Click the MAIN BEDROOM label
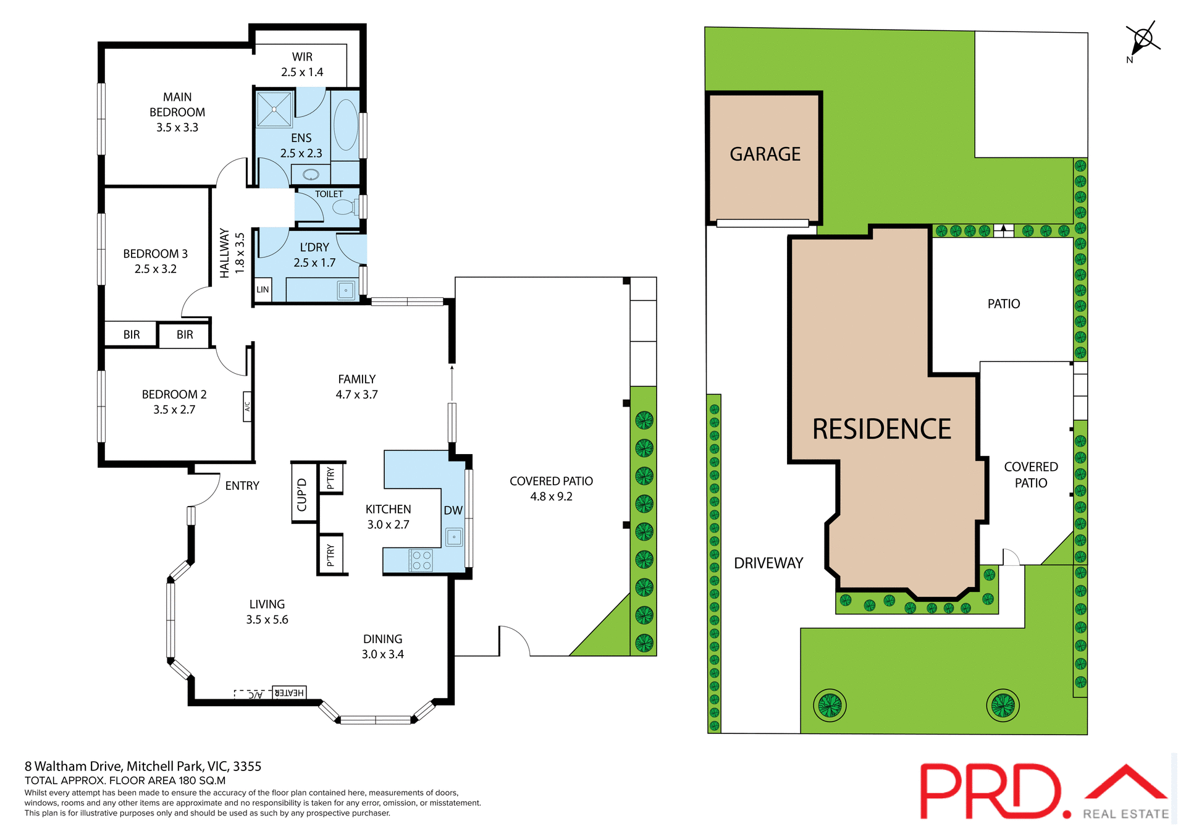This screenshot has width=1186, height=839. coord(177,112)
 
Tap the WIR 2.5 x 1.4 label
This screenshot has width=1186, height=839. coord(302,64)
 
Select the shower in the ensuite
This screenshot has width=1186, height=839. coord(274,109)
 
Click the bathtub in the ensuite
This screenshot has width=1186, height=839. coord(346,124)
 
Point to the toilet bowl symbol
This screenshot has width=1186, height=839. coord(345,206)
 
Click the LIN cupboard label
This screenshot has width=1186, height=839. coord(263,289)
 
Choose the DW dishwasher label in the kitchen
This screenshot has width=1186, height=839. coord(453,510)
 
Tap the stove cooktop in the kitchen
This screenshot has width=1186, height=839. coord(421,560)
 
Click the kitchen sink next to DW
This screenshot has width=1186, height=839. coord(454,537)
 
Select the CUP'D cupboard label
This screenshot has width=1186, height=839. coord(302,494)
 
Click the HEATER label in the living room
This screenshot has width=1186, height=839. coord(289,693)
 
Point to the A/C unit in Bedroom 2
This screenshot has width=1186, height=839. coord(247,407)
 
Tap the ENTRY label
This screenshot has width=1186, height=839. coord(242,486)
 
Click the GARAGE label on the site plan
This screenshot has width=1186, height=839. coord(765,154)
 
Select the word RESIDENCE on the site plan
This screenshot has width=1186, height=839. coord(881,429)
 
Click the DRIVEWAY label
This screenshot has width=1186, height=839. coord(768,563)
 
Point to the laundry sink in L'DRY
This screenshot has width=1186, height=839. coord(346,290)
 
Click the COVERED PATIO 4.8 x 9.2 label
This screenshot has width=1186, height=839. coord(551,488)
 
